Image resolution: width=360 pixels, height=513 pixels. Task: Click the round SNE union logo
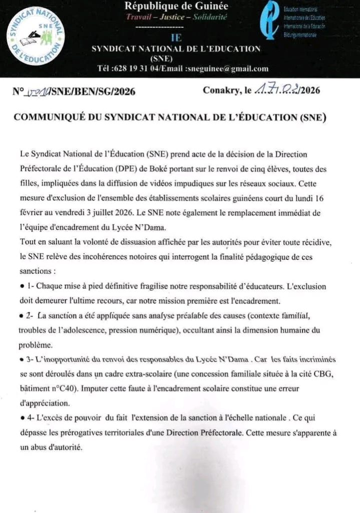(35, 38)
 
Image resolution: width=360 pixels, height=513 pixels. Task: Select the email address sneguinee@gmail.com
(228, 69)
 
